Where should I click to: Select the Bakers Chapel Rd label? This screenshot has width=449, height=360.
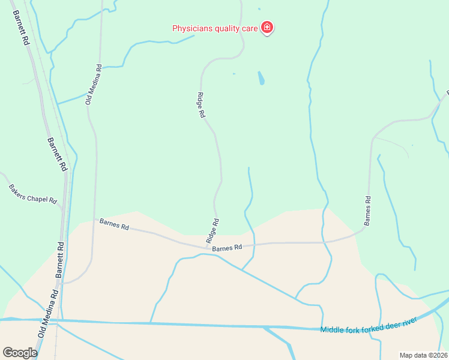tap(32, 194)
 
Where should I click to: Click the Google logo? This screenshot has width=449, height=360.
tap(20, 353)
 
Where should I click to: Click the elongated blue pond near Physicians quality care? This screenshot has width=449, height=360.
tap(261, 78)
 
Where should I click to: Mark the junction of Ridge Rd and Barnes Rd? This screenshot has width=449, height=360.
tap(208, 246)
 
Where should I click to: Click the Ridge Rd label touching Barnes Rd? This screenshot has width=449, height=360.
tap(212, 230)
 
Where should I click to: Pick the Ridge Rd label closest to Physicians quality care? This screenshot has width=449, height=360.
tap(201, 104)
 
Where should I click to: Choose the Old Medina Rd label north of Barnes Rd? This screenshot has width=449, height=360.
tap(94, 85)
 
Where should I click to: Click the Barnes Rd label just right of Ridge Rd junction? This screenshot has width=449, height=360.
tap(227, 247)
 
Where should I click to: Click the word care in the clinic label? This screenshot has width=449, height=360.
tap(249, 28)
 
